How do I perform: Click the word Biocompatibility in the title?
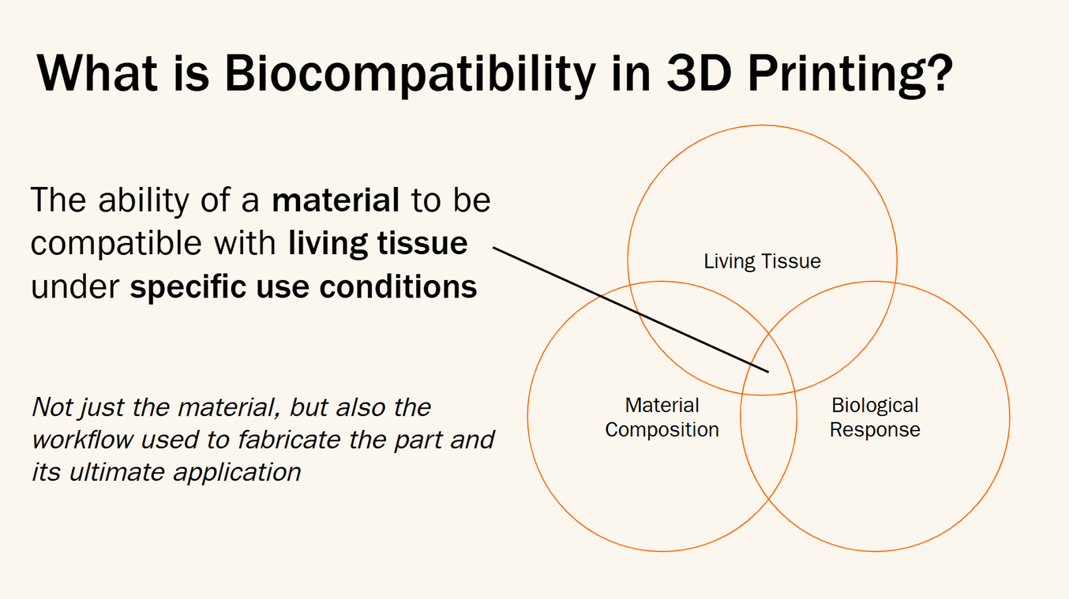pyautogui.click(x=410, y=75)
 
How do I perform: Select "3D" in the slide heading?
pyautogui.click(x=699, y=72)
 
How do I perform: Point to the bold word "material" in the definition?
pyautogui.click(x=336, y=200)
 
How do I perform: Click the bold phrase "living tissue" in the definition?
pyautogui.click(x=378, y=244)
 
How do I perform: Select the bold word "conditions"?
pyautogui.click(x=398, y=286)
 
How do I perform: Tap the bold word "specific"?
pyautogui.click(x=188, y=288)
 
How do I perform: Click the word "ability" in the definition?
pyautogui.click(x=144, y=200)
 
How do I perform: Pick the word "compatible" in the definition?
pyautogui.click(x=116, y=244)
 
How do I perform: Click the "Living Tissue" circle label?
pyautogui.click(x=762, y=261)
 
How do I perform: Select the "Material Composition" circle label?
pyautogui.click(x=662, y=417)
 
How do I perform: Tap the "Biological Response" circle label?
pyautogui.click(x=875, y=417)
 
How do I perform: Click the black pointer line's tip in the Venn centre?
pyautogui.click(x=768, y=372)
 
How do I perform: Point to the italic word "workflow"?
pyautogui.click(x=83, y=440)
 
